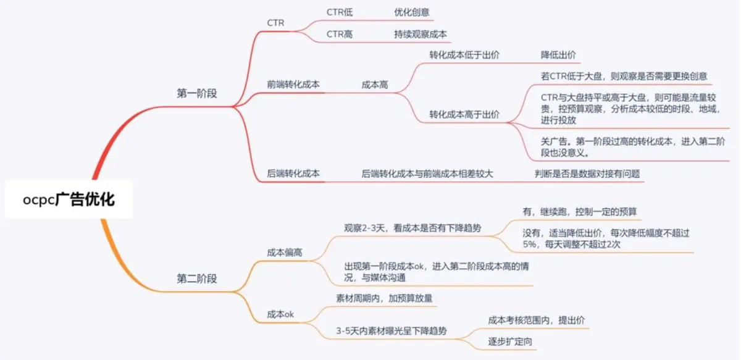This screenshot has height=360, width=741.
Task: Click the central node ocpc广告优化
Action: pos(69,199)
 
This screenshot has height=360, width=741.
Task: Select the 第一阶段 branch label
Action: pos(197,93)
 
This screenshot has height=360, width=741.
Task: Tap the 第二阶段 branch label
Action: pos(197,278)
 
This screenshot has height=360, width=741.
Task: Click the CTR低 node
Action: pos(340,12)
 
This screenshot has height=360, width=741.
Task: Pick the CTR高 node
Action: pos(340,34)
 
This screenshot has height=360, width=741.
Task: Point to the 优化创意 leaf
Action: pos(412,12)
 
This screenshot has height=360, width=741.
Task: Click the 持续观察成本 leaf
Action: pos(421,34)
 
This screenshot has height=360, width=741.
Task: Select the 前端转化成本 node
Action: pos(293,85)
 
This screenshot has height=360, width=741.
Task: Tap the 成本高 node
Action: pos(375,85)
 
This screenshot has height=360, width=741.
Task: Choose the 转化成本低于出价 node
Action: pos(464,55)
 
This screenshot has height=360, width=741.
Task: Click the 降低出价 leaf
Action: pos(558,55)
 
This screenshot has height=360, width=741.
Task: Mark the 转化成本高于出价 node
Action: pos(464,114)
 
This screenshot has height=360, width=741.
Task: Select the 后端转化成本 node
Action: pos(293,174)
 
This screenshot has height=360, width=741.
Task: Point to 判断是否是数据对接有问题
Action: pos(587,174)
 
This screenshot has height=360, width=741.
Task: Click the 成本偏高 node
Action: pos(285,253)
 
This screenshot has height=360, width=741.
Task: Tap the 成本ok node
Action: pos(280,314)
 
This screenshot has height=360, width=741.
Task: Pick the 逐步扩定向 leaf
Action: pos(510,341)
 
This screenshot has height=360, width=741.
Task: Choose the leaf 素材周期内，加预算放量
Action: pos(384,298)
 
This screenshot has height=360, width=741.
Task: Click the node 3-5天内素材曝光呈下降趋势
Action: pos(391,330)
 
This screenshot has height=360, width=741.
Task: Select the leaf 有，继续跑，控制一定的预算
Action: pos(580,211)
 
